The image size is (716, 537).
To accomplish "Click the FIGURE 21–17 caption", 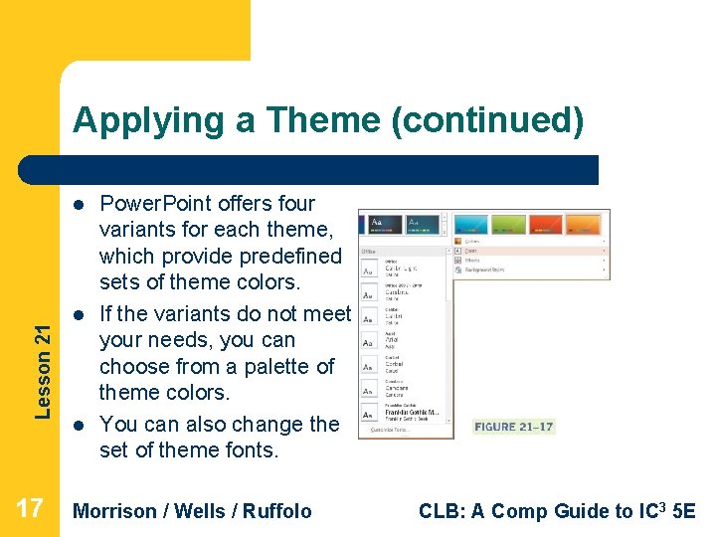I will [x=513, y=427].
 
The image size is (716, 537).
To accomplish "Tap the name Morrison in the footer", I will [x=115, y=511].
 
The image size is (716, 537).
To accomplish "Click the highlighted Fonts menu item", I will [x=473, y=252].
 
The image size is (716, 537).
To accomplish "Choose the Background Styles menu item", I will [x=487, y=268].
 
